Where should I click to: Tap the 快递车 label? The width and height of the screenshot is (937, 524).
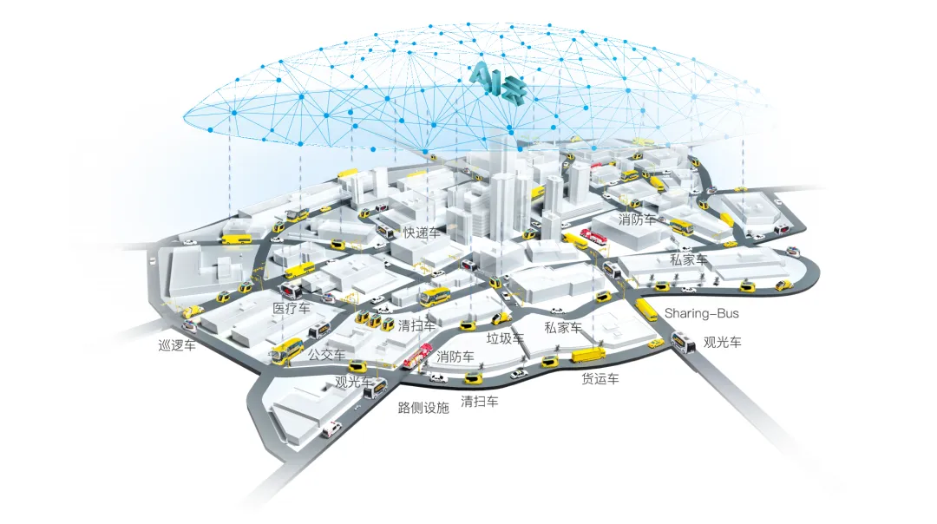coord(422,233)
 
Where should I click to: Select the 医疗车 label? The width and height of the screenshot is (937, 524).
coord(291,308)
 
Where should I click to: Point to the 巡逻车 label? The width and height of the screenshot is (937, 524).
coord(177,345)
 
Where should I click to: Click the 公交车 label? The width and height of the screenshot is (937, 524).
coord(326,354)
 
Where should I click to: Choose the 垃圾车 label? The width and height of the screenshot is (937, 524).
coord(505,338)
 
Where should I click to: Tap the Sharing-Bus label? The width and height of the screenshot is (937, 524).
coord(702,313)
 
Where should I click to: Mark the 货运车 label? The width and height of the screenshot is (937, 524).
coord(600,378)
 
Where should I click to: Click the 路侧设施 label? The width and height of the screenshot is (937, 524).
coord(423,408)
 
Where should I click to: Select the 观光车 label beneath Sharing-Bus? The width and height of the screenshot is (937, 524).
coord(723,343)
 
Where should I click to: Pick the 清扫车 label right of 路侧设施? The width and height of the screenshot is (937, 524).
coord(479,402)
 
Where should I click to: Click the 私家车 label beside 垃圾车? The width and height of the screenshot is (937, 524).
coord(563,327)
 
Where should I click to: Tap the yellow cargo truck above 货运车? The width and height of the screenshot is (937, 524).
coord(588,355)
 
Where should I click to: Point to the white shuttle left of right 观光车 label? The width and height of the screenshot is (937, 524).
coord(683,343)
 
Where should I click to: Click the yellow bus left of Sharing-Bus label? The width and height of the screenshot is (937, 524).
coord(646,310)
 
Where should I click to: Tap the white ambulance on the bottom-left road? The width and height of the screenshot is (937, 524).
coord(331,429)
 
